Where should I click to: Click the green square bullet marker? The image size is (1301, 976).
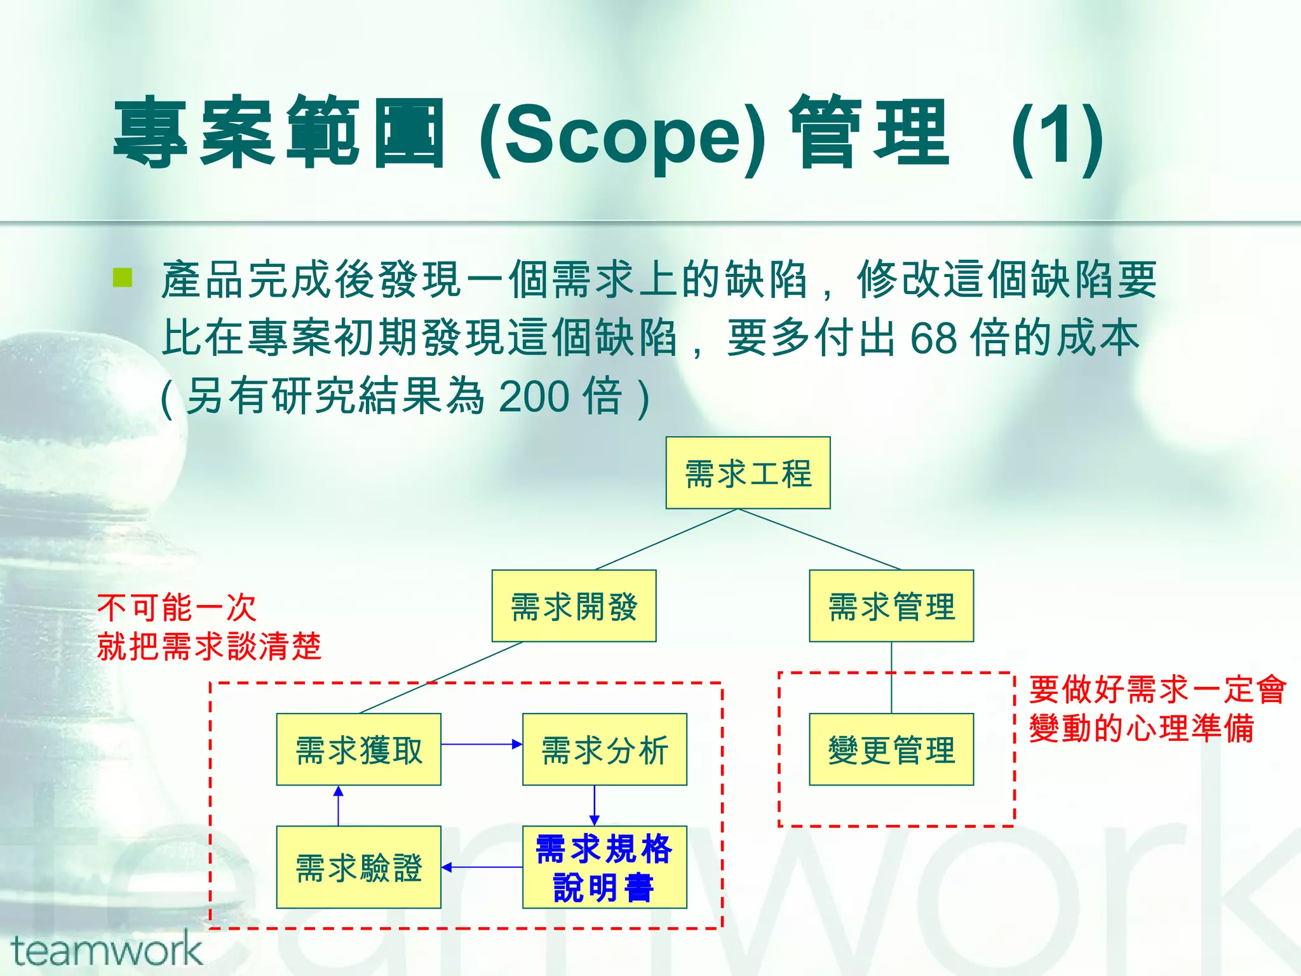122,278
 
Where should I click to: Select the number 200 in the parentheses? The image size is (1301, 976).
534,396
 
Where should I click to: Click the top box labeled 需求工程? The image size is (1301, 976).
748,473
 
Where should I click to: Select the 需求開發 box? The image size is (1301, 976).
574,606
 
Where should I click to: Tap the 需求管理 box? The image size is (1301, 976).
891,606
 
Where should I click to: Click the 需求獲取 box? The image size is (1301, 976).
358,749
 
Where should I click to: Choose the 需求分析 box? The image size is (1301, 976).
604,749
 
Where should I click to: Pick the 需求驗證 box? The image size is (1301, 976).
358,867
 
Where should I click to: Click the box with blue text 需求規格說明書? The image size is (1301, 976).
604,867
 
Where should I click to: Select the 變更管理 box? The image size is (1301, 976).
891,749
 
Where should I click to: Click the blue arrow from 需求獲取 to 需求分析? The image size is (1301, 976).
482,744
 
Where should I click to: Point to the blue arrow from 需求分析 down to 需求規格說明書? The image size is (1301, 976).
594,806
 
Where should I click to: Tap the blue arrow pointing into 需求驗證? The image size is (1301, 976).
482,867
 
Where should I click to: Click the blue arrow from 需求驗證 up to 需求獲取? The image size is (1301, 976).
338,806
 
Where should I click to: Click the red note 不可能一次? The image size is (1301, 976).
177,607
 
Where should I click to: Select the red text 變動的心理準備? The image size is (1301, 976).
1142,728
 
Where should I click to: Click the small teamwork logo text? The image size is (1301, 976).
106,951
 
